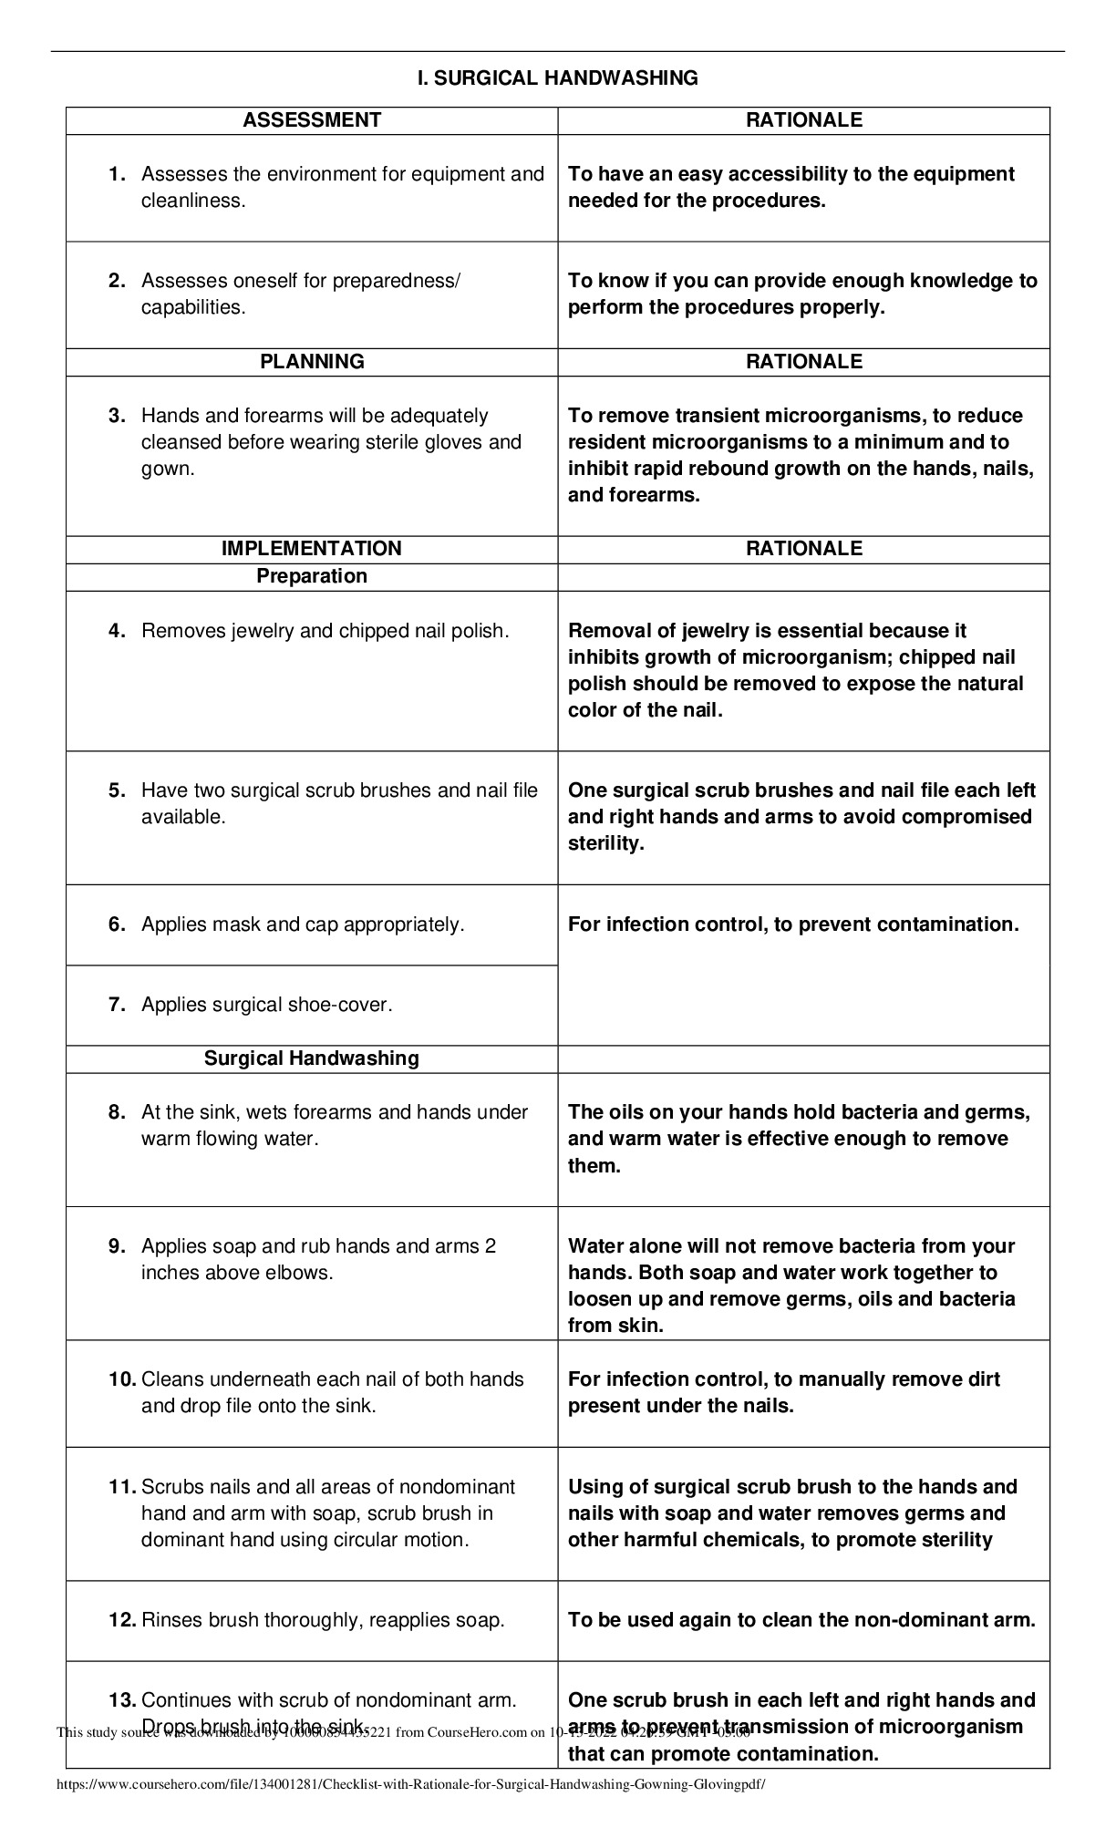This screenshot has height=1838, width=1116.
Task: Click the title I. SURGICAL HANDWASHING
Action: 557,78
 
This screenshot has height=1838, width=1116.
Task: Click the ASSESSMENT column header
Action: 312,120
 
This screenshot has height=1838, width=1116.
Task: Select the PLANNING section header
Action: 312,362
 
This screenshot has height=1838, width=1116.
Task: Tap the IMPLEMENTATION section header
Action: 312,549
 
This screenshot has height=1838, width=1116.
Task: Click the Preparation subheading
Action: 312,576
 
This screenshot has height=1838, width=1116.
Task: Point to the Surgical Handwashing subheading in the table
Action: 312,1058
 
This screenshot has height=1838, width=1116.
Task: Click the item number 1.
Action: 117,174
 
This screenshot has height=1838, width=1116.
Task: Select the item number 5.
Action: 117,790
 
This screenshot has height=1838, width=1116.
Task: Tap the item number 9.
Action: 117,1246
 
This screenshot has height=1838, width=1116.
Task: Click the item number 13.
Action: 122,1700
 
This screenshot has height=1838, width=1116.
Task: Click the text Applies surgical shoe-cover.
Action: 266,1005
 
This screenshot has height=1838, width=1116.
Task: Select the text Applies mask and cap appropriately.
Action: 303,924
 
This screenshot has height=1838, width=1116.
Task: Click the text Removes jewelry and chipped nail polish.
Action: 325,631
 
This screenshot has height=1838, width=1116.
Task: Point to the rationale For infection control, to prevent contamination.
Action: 793,924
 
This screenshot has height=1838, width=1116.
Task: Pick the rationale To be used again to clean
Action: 801,1620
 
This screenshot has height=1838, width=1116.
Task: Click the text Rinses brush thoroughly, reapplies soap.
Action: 323,1620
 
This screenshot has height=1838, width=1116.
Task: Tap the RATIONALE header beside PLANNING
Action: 803,362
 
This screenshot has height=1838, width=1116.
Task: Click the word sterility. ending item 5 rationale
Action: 605,843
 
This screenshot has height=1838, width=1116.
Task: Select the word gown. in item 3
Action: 168,469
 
